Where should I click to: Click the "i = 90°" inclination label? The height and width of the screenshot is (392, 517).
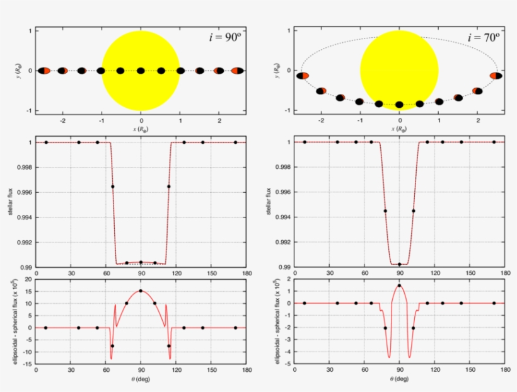click(x=225, y=37)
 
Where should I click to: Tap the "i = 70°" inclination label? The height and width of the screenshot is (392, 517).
click(x=484, y=37)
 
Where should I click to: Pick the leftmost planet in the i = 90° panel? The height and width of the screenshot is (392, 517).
click(x=44, y=71)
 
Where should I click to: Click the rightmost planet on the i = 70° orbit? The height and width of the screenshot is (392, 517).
click(x=496, y=76)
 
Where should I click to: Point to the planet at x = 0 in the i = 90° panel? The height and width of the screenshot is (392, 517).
click(x=141, y=71)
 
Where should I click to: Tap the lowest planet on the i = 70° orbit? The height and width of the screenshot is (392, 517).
click(x=399, y=105)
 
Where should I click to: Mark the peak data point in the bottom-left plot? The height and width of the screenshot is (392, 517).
click(x=141, y=291)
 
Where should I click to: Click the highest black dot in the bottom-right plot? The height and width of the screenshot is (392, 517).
click(x=399, y=285)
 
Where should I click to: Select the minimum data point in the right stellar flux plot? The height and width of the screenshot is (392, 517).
click(x=399, y=264)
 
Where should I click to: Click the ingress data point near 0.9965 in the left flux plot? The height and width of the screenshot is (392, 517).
click(x=113, y=187)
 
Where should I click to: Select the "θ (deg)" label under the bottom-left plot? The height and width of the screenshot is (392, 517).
click(x=141, y=379)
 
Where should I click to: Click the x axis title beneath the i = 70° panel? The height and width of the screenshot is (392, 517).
click(x=399, y=129)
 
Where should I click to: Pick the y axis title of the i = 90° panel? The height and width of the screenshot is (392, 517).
click(x=11, y=71)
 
